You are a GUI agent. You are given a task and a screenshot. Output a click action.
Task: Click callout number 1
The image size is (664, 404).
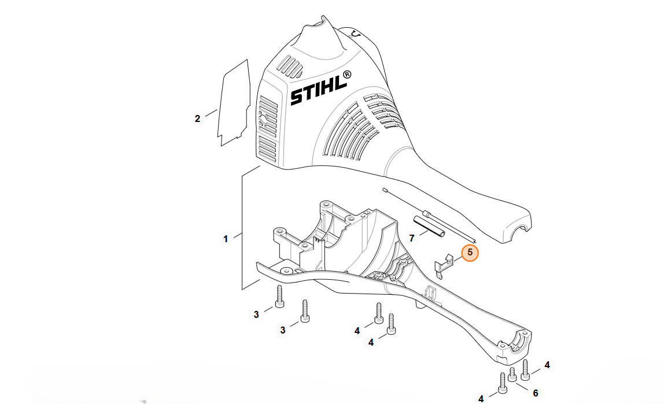point(226,239)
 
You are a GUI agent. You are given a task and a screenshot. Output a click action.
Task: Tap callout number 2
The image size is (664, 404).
point(197,119)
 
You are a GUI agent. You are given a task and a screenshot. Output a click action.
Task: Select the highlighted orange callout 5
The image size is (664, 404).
point(470,253)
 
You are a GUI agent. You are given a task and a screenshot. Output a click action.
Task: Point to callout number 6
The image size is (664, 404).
point(535,394)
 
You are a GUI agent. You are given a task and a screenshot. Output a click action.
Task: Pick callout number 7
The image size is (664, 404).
point(412,239)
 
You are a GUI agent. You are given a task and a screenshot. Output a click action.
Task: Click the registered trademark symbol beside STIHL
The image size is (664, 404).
point(346,75)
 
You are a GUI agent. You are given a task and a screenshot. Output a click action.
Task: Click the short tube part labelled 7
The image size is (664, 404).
point(429,228)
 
